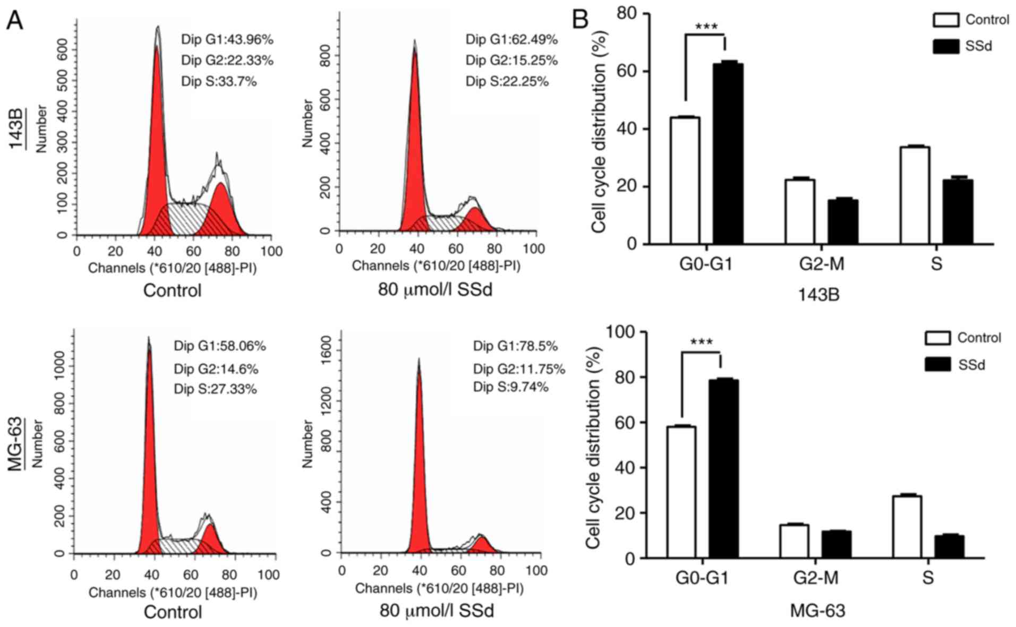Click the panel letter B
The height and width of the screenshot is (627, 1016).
click(x=580, y=20)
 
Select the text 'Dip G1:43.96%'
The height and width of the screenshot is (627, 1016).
click(x=227, y=39)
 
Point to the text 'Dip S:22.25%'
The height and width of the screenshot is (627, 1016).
click(x=507, y=81)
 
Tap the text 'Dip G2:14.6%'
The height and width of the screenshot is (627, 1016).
click(x=216, y=369)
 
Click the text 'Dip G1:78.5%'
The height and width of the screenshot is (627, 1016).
click(x=515, y=346)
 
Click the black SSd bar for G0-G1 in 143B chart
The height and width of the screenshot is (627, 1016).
click(x=728, y=154)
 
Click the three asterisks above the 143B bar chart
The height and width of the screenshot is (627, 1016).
click(x=706, y=27)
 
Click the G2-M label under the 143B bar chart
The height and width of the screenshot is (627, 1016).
click(x=821, y=264)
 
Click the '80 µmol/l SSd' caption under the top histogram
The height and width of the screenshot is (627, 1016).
click(x=435, y=290)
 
